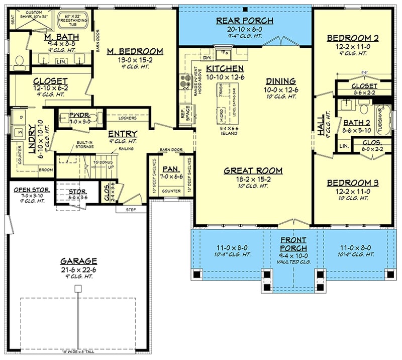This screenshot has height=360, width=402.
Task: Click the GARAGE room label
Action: (x=78, y=261)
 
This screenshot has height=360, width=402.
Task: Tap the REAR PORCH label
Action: (x=245, y=21)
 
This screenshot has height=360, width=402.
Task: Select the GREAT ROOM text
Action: (x=253, y=170)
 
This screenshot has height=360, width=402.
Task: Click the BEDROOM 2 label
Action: (x=352, y=38)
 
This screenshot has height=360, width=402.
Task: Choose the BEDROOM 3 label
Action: (x=352, y=183)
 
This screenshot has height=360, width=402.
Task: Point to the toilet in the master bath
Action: (x=20, y=61)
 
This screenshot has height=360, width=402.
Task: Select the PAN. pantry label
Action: (x=171, y=169)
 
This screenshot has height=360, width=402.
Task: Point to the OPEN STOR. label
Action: (x=29, y=190)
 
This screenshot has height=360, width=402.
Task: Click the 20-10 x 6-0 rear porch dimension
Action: (x=245, y=30)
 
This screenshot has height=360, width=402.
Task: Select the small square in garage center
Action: (x=78, y=289)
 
